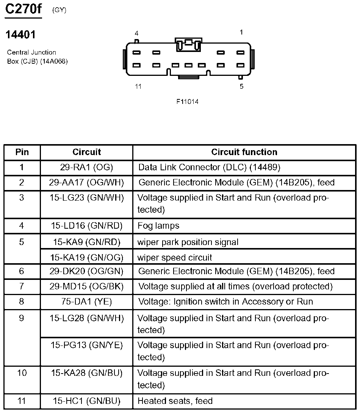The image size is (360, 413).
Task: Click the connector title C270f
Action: click(23, 9)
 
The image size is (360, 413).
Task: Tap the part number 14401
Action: click(20, 35)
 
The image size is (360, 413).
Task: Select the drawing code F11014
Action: click(187, 102)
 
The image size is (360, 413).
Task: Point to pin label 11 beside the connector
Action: click(138, 86)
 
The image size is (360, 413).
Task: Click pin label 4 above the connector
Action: click(136, 33)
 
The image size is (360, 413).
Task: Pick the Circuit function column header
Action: click(244, 152)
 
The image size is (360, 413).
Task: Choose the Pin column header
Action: click(22, 152)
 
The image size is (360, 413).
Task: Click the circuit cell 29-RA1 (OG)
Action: click(86, 167)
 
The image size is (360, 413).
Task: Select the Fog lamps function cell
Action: click(158, 226)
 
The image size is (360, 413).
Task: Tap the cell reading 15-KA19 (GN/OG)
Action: click(87, 258)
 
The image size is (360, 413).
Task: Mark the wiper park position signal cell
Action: click(188, 242)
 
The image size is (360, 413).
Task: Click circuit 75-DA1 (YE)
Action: click(86, 302)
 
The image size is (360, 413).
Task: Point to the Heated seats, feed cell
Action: click(175, 401)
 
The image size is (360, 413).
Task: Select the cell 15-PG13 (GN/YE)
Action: click(87, 345)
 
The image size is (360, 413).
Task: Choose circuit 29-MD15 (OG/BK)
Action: click(86, 286)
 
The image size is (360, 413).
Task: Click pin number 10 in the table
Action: click(22, 373)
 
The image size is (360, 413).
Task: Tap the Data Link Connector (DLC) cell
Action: click(209, 167)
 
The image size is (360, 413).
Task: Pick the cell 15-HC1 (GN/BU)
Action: click(86, 401)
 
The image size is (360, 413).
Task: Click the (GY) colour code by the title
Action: click(59, 10)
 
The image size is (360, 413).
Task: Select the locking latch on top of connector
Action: click(188, 44)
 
